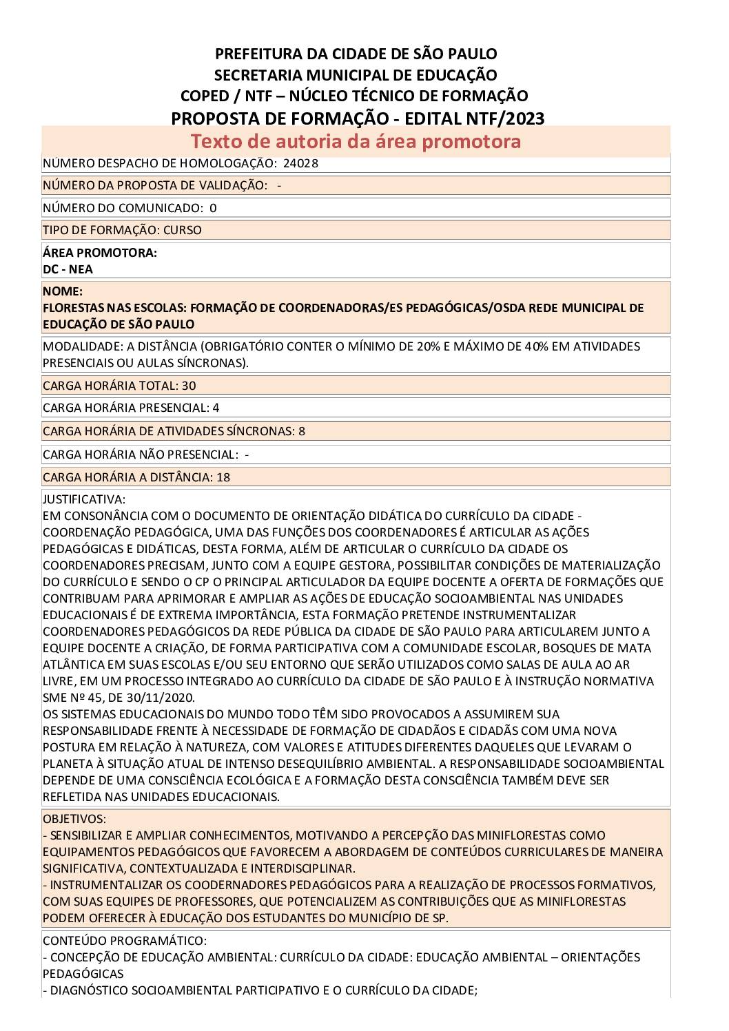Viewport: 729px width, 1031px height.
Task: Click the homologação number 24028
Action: (x=300, y=163)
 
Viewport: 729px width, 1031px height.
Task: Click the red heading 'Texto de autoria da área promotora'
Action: (x=356, y=141)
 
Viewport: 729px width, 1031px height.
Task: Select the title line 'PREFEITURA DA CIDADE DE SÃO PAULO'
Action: (x=356, y=54)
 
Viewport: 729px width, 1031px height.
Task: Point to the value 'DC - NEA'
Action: (x=68, y=269)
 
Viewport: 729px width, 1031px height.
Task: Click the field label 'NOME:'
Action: (x=63, y=291)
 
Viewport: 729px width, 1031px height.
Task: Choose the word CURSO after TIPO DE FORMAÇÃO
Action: (x=183, y=230)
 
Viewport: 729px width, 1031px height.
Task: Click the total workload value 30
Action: (x=189, y=386)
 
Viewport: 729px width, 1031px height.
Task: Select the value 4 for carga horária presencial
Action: (x=216, y=408)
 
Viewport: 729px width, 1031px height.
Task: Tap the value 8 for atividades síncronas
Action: (x=302, y=431)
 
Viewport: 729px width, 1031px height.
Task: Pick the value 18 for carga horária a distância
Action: (x=223, y=477)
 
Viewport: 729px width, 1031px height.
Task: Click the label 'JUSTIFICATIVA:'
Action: (x=84, y=499)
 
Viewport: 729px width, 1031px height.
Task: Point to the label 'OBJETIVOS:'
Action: (x=74, y=819)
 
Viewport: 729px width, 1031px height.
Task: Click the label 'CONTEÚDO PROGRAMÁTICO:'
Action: (x=125, y=941)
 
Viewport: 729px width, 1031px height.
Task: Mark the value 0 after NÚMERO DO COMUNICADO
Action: (x=213, y=208)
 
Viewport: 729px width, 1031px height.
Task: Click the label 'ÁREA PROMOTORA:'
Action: (x=100, y=253)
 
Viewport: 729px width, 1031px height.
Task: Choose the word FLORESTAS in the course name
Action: (x=74, y=308)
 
